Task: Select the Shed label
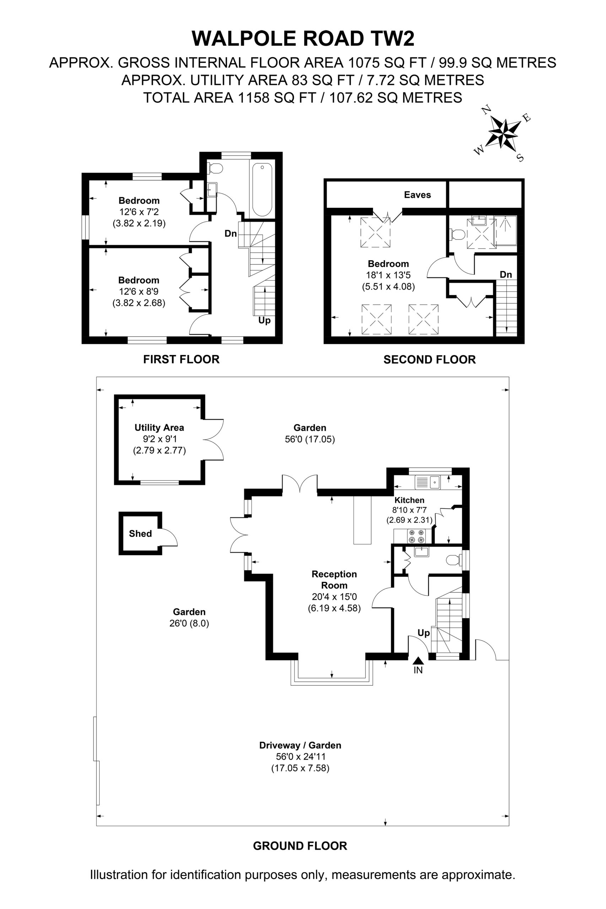[140, 533]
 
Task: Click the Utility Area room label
[159, 428]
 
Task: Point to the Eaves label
[417, 195]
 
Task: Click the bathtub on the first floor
[262, 189]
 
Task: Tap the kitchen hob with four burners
[416, 536]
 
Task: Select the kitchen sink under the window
[427, 482]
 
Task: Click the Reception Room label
[334, 579]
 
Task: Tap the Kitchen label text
[409, 500]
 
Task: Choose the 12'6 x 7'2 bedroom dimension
[139, 212]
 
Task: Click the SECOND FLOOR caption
[429, 360]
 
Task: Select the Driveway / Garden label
[300, 746]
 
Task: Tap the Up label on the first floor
[264, 321]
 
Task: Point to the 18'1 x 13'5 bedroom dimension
[388, 275]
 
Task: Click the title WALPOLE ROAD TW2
[303, 39]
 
